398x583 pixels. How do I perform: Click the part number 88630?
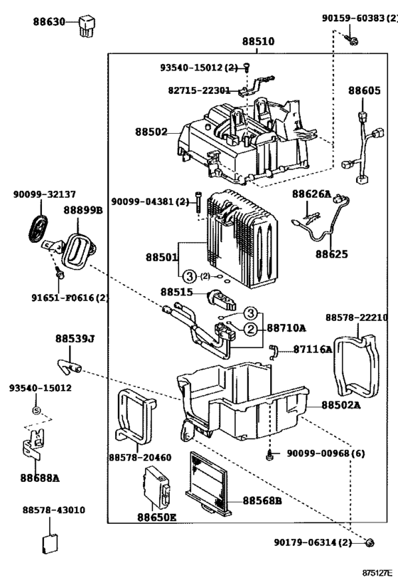coord(49,21)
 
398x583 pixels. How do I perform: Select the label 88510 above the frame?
coord(259,41)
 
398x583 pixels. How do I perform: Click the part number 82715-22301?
coord(199,90)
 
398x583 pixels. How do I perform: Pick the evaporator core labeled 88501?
coord(242,238)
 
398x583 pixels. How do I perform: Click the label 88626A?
coord(311,194)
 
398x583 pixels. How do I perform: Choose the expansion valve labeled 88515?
coord(222,299)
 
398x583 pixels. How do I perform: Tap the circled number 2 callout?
coord(251,329)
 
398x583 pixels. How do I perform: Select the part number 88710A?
coord(286,328)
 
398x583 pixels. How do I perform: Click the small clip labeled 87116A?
coord(273,352)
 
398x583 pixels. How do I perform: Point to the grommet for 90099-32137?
coord(38,229)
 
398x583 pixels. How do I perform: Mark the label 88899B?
coord(83,210)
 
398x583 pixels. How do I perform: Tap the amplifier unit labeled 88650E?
coord(157,488)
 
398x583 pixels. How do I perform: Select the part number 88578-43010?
coord(54,510)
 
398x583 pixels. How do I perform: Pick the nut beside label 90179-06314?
coord(369,542)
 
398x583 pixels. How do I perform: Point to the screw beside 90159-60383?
coord(352,39)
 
